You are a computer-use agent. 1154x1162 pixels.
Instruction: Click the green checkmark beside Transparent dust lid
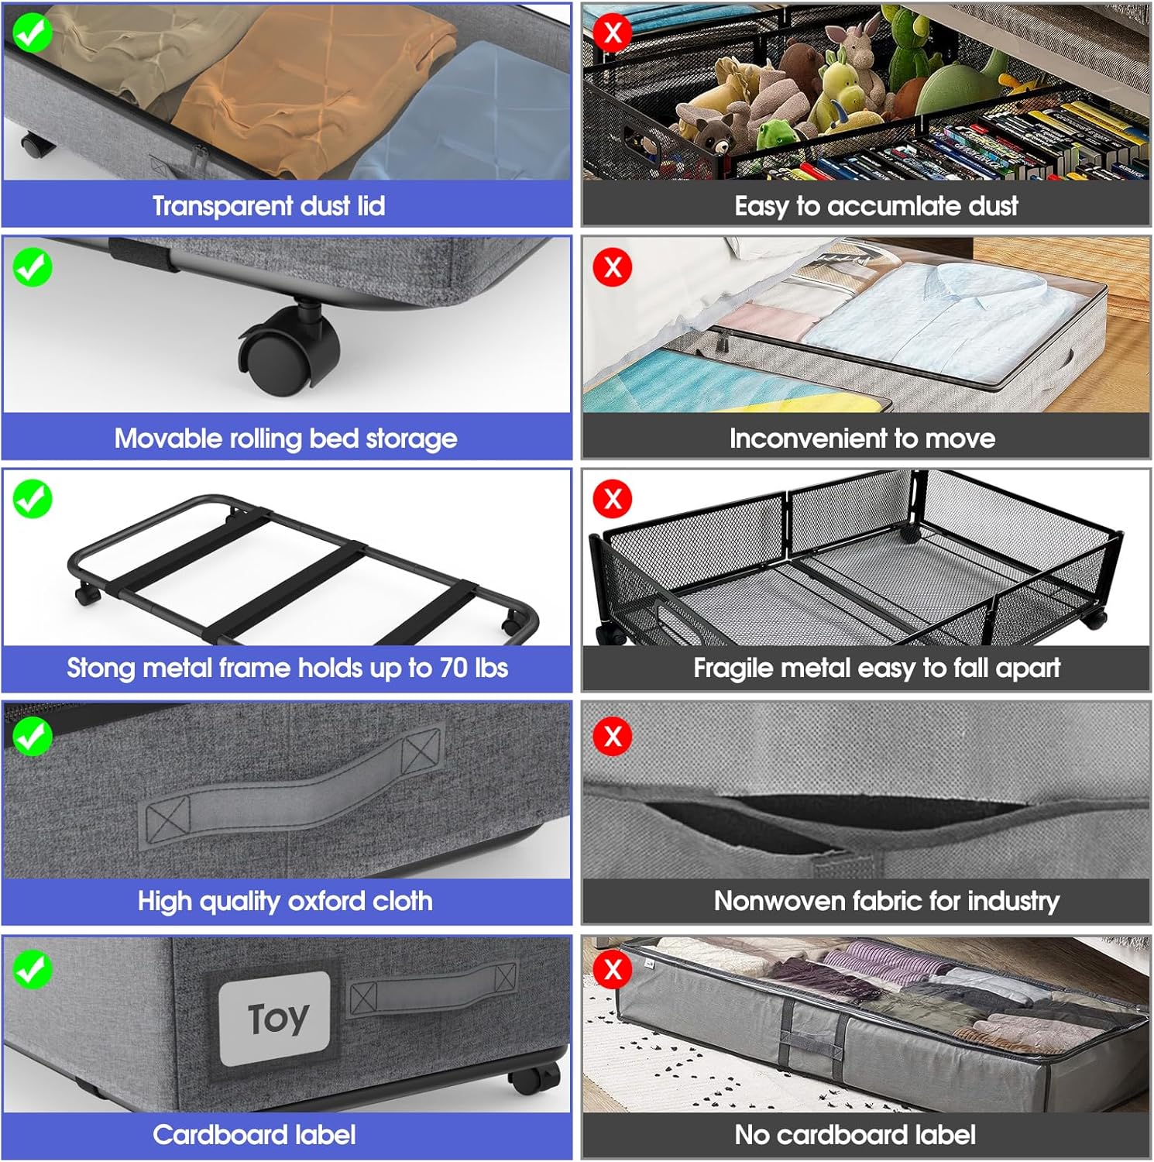point(33,33)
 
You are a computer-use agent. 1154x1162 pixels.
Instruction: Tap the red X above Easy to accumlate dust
point(613,33)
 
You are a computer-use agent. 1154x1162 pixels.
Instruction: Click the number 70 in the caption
point(454,668)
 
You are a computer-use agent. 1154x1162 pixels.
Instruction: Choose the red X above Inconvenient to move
point(613,267)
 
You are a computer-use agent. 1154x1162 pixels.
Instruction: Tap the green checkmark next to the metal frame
point(33,499)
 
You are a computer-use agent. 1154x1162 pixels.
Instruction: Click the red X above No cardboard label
point(613,969)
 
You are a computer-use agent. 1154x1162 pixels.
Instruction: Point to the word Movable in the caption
point(163,438)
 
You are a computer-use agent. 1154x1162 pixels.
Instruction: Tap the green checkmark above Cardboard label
point(33,970)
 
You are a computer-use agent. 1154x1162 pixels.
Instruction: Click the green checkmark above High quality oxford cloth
point(33,736)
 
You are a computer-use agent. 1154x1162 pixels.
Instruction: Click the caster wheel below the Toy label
point(534,1078)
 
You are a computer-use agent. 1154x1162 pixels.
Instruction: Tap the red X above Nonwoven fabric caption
point(613,736)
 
